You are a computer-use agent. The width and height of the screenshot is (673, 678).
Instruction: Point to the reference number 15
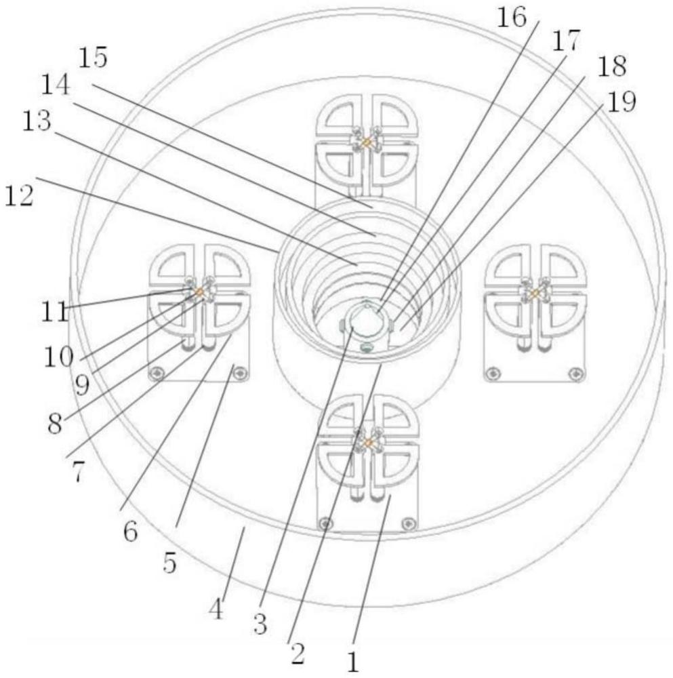[94, 59]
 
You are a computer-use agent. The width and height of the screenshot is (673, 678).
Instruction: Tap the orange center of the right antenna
[535, 293]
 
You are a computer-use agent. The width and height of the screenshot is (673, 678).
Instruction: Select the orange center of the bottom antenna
[368, 443]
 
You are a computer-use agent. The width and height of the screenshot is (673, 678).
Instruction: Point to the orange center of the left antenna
[200, 292]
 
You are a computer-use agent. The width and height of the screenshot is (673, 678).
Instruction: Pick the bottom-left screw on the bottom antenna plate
[327, 523]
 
